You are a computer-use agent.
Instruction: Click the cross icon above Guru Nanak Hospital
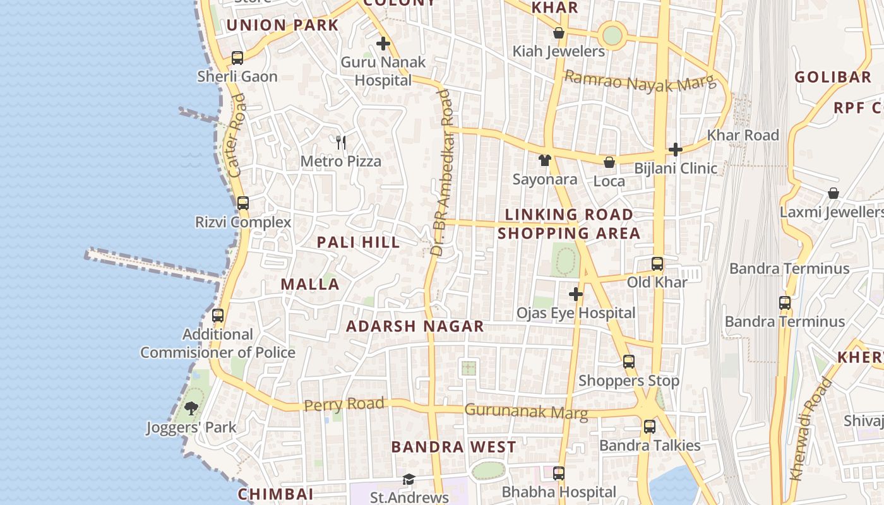click(383, 44)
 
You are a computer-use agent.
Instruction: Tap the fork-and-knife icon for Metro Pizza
click(341, 142)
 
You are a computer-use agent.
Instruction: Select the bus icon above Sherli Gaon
click(237, 58)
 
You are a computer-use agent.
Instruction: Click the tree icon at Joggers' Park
click(191, 408)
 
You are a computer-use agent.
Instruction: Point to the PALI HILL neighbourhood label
click(358, 242)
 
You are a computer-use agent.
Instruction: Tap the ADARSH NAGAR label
click(415, 326)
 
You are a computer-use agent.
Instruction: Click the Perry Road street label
click(343, 404)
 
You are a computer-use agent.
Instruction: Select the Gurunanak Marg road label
click(526, 412)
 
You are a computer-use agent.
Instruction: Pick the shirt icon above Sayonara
click(544, 160)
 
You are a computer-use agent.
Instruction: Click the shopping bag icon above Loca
click(609, 162)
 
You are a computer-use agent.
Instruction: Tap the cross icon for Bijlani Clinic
click(676, 150)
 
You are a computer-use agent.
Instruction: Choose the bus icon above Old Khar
click(657, 263)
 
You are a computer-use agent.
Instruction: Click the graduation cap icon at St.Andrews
click(409, 480)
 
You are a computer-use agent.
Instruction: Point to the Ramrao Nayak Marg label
click(640, 81)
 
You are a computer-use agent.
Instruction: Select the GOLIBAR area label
click(832, 78)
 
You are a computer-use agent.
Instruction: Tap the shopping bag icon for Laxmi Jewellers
click(833, 193)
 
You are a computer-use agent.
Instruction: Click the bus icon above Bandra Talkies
click(650, 427)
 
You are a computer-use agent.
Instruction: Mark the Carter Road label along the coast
click(236, 135)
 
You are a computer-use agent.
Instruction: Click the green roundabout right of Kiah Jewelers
click(612, 35)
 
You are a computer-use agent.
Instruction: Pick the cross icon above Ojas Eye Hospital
click(575, 294)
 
